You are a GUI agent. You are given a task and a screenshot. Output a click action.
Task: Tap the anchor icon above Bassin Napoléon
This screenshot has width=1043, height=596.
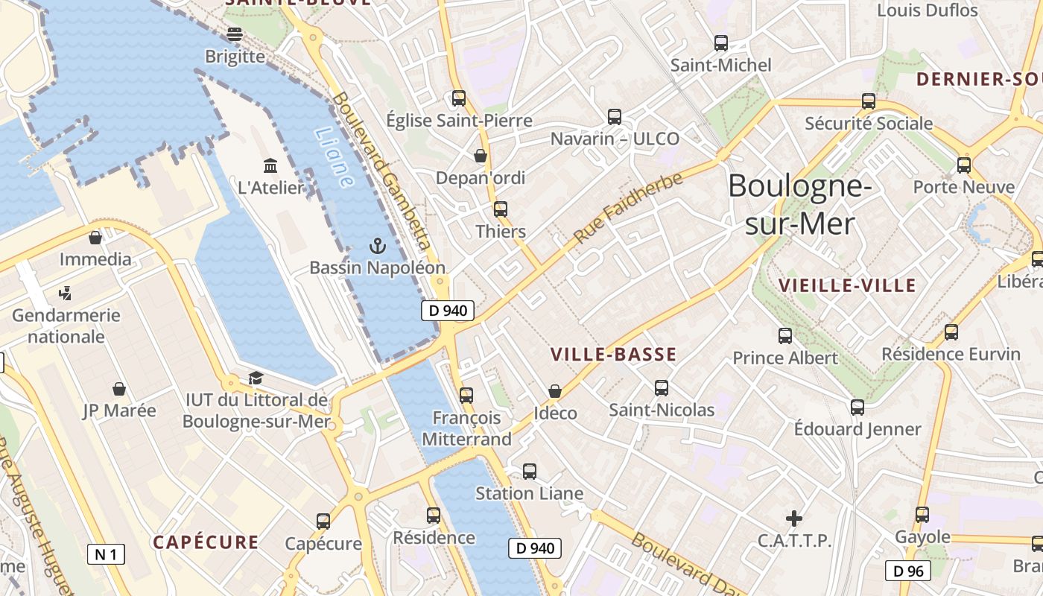click(x=378, y=245)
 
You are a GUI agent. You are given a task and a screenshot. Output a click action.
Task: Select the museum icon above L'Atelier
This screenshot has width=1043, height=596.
click(x=270, y=165)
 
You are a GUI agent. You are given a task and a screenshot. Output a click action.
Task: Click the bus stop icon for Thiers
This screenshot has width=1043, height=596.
click(x=501, y=209)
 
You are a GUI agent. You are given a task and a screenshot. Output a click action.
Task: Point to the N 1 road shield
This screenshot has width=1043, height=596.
click(x=107, y=554)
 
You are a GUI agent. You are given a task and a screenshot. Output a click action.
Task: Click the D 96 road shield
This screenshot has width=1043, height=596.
click(x=907, y=571)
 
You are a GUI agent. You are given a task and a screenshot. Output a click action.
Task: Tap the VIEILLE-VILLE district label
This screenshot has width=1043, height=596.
click(x=847, y=285)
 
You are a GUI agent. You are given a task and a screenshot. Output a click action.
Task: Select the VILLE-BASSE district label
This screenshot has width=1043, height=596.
click(x=613, y=355)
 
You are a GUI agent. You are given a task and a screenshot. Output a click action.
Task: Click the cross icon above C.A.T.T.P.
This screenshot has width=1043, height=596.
click(x=794, y=518)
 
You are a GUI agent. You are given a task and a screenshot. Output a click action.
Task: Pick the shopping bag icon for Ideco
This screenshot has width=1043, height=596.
click(x=555, y=391)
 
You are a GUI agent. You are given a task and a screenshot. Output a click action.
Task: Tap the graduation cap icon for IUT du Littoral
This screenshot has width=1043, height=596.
click(x=256, y=378)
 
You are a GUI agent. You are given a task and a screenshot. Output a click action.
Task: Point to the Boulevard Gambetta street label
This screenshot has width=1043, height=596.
click(x=382, y=171)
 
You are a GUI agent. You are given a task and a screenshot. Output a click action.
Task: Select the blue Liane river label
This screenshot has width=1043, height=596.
click(x=333, y=157)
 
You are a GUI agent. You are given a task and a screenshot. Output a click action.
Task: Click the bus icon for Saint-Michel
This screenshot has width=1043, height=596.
click(x=720, y=43)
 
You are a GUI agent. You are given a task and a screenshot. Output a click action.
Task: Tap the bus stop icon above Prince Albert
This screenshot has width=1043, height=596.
click(x=785, y=336)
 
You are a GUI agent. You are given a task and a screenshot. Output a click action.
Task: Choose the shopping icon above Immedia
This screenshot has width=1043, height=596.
click(x=95, y=238)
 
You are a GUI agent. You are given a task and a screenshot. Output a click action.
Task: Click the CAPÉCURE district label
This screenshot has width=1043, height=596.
click(x=206, y=542)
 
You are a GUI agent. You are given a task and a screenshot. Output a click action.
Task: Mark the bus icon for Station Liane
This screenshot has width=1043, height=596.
click(x=530, y=472)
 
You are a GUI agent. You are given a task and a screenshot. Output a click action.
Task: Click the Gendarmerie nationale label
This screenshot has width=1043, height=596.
click(x=66, y=326)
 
